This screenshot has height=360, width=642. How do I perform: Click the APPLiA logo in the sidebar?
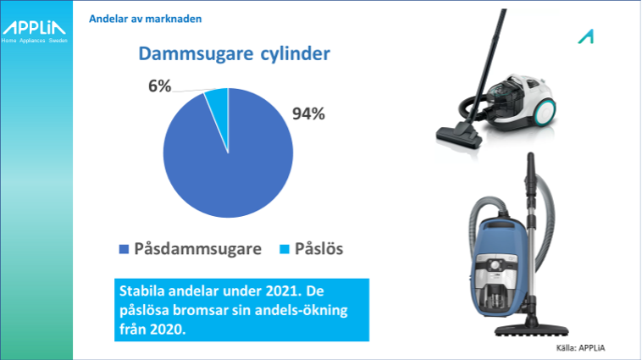(34, 31)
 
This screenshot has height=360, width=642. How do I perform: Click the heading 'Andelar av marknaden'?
(146, 19)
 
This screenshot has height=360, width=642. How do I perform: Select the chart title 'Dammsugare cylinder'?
(235, 53)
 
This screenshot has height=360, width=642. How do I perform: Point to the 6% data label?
(160, 86)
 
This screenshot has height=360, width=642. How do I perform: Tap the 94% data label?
(308, 114)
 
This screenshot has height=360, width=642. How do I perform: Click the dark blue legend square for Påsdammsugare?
(124, 249)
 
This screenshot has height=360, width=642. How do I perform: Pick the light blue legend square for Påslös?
(284, 249)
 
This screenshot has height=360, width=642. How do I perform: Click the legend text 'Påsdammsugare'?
(197, 249)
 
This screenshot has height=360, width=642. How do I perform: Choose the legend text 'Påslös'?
(319, 248)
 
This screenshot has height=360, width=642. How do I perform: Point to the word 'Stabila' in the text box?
(142, 291)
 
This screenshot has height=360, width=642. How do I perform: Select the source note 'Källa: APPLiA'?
(580, 348)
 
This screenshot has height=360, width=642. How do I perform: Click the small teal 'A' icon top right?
(586, 36)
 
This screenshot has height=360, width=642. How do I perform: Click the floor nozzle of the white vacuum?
(458, 136)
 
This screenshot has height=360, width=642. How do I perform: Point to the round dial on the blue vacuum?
(496, 265)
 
